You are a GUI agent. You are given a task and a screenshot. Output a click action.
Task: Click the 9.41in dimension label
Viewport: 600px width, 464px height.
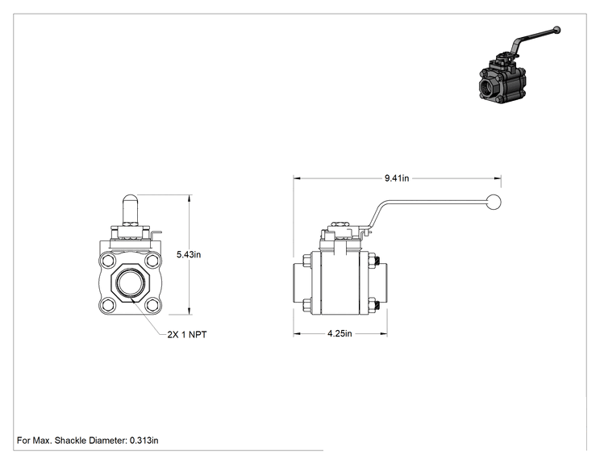397,178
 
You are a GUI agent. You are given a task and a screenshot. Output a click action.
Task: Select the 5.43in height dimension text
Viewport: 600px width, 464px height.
189,254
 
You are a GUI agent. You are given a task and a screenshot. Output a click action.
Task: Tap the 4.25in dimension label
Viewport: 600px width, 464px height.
340,333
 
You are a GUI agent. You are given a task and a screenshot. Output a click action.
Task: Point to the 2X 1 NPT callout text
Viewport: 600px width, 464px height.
187,335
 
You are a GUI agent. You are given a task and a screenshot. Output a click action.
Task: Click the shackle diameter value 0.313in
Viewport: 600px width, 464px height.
144,441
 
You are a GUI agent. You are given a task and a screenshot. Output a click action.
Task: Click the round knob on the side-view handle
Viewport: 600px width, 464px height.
494,202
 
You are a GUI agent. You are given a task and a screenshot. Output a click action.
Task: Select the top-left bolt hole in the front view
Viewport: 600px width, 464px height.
107,261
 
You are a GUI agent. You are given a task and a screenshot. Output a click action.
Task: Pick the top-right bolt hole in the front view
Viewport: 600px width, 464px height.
153,261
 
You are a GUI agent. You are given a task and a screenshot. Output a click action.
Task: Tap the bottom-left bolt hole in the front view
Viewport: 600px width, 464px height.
107,305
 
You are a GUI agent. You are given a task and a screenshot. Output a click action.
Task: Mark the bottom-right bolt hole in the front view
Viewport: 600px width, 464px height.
153,305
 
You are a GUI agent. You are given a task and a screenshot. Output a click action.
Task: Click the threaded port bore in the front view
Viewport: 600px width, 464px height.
130,283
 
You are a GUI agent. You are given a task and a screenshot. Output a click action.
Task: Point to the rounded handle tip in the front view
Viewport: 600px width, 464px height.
130,200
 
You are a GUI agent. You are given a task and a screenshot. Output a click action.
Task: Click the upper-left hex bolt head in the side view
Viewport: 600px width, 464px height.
307,261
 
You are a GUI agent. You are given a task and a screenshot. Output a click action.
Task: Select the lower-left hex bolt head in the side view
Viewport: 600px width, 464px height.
307,305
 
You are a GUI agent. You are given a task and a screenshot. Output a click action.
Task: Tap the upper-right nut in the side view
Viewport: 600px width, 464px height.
373,261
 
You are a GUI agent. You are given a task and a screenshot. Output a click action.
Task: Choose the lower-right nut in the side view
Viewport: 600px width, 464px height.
373,305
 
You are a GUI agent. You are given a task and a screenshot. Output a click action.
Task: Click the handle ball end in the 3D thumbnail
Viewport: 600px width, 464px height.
557,30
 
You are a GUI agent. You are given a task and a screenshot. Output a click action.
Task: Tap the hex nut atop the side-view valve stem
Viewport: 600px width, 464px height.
339,224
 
